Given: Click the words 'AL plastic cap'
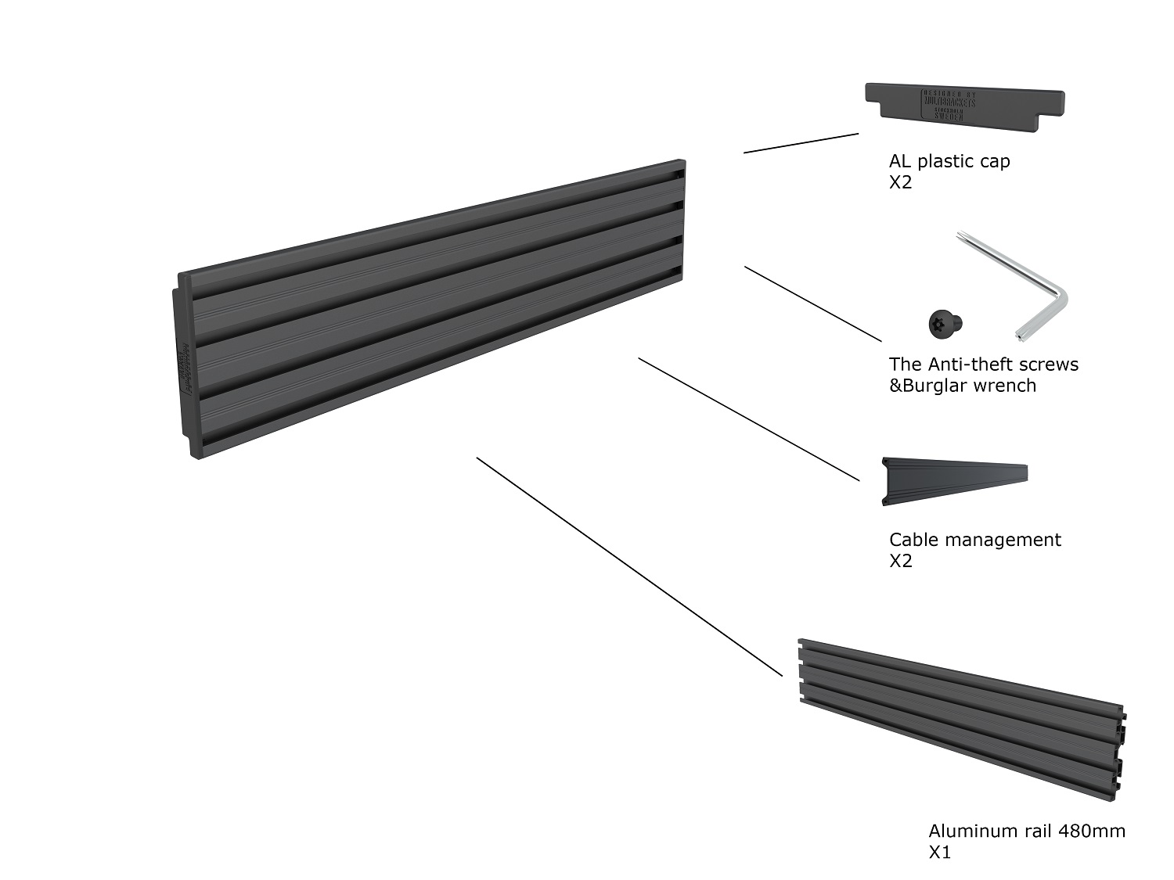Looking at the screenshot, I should pos(949,161).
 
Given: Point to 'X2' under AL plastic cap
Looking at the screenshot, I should pos(900,182).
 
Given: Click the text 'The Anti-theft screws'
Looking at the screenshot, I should pos(983,365).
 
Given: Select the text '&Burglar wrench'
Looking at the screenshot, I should pos(962,386).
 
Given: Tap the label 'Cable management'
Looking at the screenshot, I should pos(974,540).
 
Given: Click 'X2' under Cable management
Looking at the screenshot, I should pos(900,561).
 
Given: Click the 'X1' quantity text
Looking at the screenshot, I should pos(939,852).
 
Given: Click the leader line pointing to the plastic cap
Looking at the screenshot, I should pos(801,143).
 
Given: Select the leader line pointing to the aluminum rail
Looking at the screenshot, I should pos(629,566).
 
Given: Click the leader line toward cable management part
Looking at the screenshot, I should pos(749,419).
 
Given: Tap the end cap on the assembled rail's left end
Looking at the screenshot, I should pos(183,368).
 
